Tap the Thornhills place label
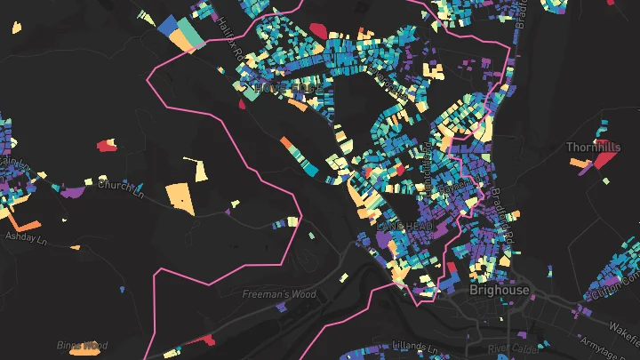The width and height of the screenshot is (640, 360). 594,147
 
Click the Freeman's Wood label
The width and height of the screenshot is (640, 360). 279,294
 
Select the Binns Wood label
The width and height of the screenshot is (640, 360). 82,345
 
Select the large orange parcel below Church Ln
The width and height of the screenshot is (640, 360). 180,196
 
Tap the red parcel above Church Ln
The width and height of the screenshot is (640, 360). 108,144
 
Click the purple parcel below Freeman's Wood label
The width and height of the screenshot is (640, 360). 282,307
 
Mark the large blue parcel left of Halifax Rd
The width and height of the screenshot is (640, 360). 168,28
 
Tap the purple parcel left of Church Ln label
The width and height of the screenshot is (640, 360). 73,191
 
